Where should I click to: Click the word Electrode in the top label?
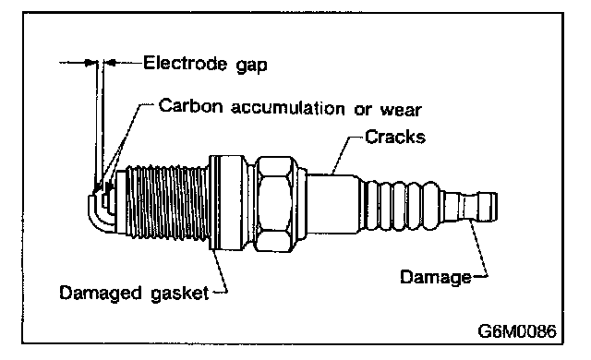185,63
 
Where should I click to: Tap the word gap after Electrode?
252,66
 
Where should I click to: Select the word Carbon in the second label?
191,105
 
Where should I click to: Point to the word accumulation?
287,108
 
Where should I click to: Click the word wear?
401,111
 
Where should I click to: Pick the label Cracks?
395,137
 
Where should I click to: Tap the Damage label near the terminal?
436,278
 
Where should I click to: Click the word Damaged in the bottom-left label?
101,293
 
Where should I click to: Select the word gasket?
180,293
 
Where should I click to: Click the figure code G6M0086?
517,331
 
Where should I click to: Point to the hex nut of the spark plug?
274,204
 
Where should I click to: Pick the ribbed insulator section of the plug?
400,206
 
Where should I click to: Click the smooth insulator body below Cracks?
332,204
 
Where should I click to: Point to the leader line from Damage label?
480,250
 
